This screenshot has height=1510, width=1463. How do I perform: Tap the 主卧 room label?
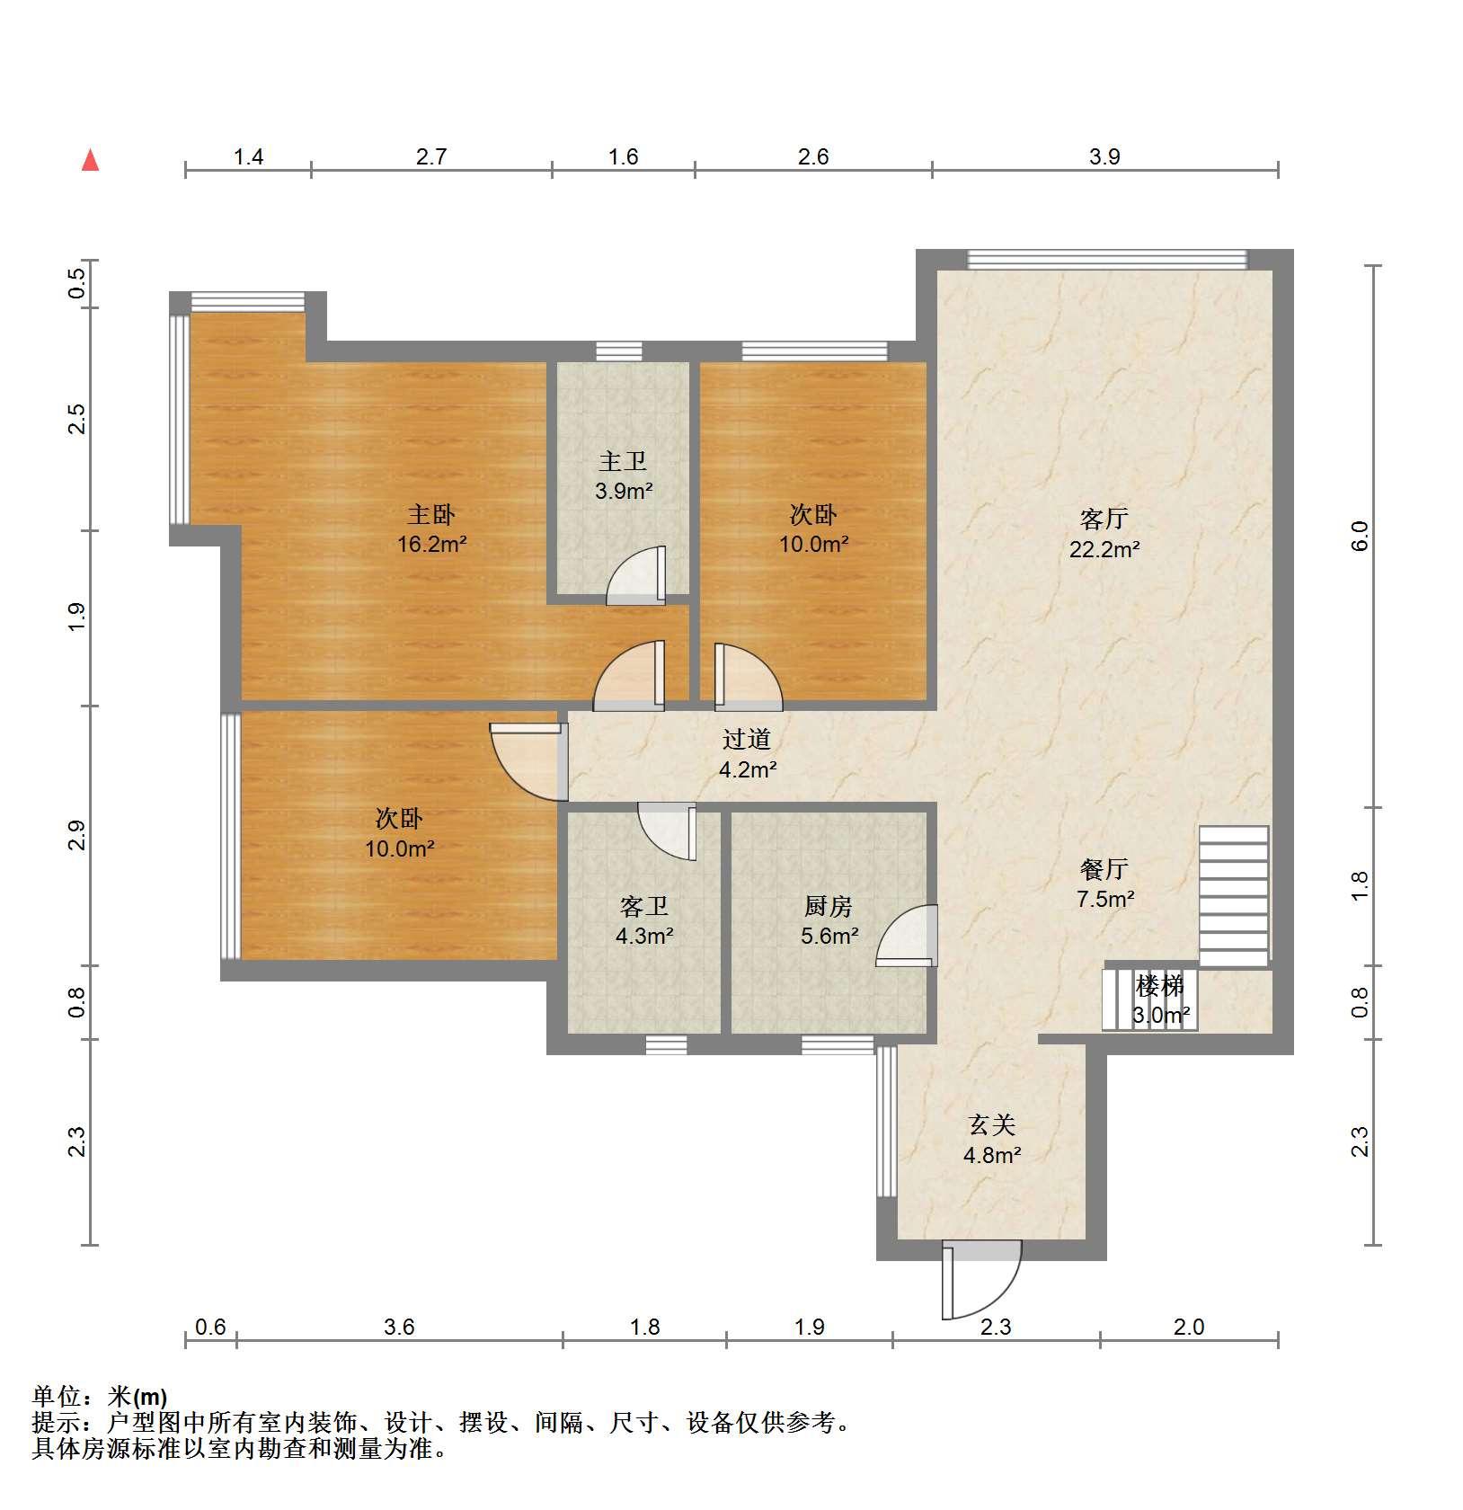(x=431, y=515)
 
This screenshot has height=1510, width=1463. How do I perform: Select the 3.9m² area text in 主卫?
(x=624, y=491)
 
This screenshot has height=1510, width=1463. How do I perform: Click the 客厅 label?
(x=1104, y=520)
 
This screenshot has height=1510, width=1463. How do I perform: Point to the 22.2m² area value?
(x=1104, y=549)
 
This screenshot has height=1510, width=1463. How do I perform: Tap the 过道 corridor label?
(x=747, y=740)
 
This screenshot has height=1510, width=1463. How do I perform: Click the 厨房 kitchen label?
(x=829, y=906)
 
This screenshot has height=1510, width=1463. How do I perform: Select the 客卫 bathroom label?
(x=644, y=906)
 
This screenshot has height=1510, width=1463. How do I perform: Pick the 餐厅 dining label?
(x=1104, y=869)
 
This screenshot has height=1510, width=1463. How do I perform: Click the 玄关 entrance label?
(x=992, y=1125)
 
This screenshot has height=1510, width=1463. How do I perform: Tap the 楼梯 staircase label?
(x=1160, y=986)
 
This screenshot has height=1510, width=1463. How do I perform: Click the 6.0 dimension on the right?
(x=1360, y=536)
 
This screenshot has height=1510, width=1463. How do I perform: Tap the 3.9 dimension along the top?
(x=1104, y=156)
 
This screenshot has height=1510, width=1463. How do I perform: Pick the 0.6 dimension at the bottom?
(x=210, y=1327)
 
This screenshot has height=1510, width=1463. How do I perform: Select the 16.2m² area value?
(x=431, y=544)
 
